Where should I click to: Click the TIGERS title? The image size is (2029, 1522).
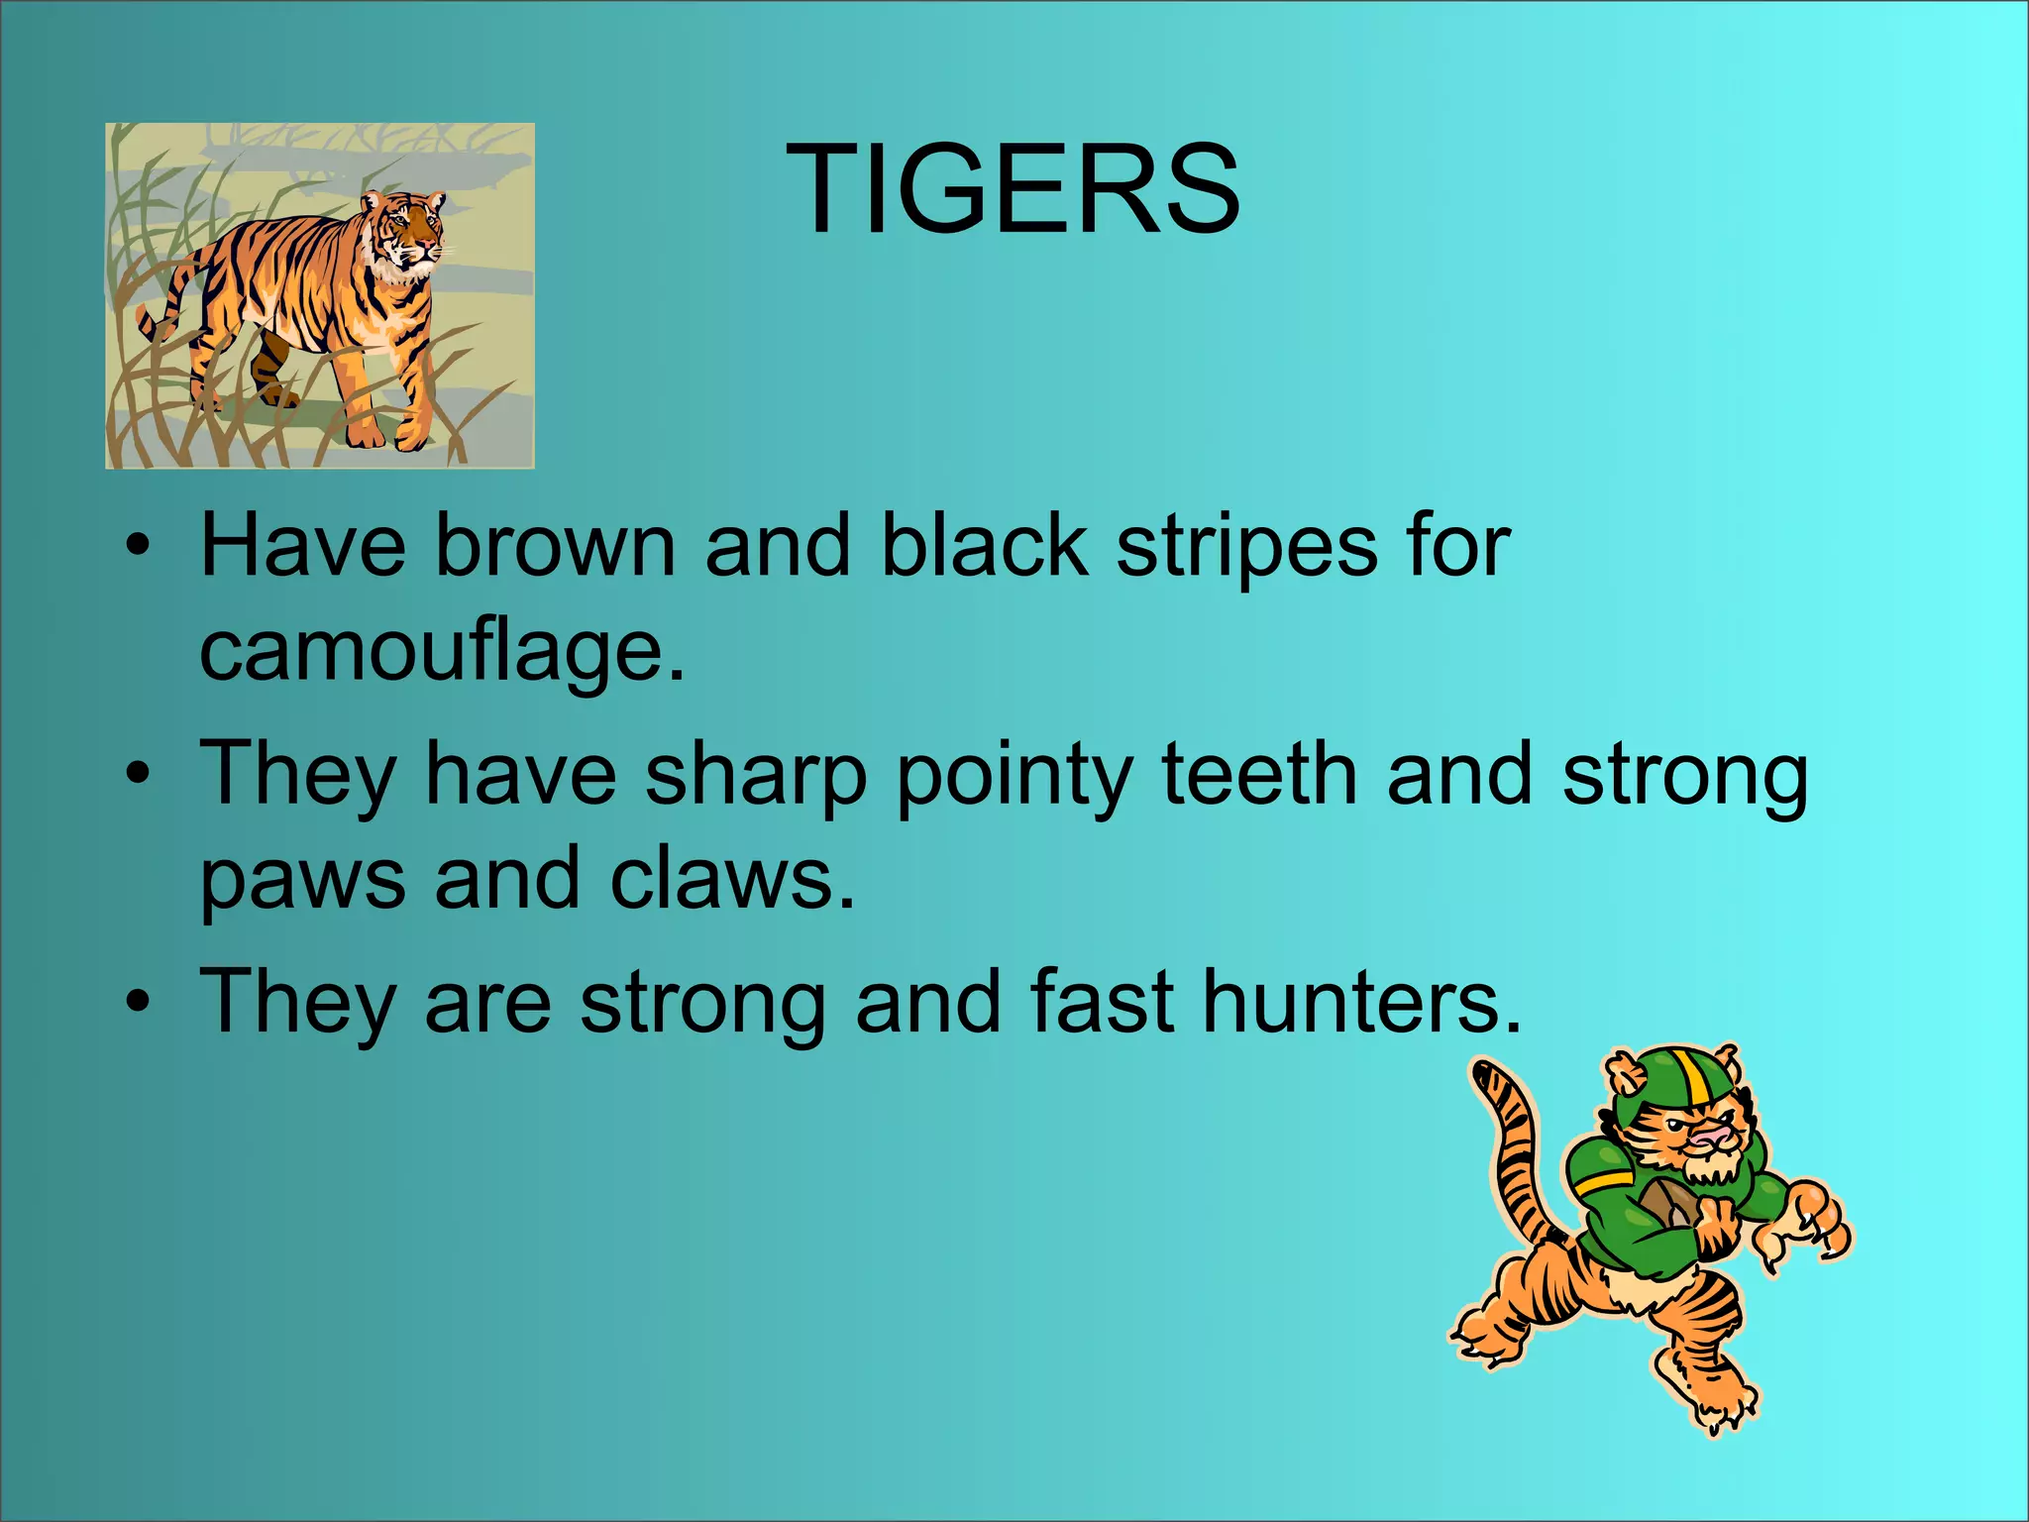[1013, 188]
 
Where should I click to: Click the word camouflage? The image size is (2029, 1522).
[442, 652]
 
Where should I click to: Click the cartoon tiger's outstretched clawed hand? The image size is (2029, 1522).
[1808, 1234]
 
